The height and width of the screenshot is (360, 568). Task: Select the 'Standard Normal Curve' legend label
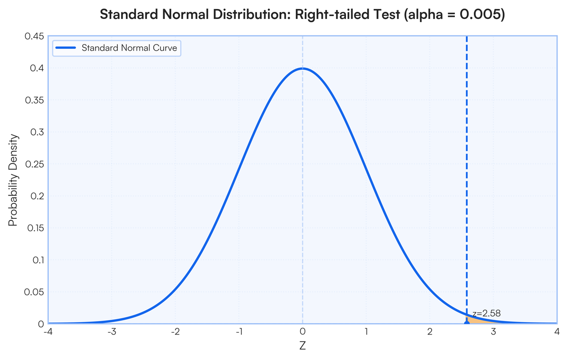tap(129, 48)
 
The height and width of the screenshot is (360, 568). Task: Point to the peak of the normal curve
tap(302, 69)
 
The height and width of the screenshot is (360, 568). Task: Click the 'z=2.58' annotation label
tap(487, 313)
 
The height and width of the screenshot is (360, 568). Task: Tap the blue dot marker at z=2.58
tap(467, 323)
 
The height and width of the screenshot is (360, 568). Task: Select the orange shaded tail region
tap(475, 320)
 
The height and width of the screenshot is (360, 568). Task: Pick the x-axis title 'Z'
tap(302, 346)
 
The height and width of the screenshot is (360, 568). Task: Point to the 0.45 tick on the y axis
tap(34, 36)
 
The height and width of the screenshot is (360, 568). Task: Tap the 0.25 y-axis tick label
tap(34, 164)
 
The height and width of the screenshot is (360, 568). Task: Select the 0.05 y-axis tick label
tap(34, 292)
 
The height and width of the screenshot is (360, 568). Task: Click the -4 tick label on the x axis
tap(47, 332)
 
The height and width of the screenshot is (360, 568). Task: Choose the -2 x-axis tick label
tap(175, 332)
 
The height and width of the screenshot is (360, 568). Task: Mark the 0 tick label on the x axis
tap(302, 332)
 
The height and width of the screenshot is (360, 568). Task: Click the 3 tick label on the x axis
tap(493, 332)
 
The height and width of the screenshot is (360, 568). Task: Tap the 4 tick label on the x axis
tap(557, 332)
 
